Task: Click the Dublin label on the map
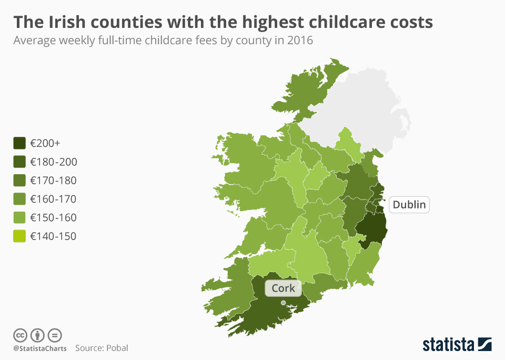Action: pyautogui.click(x=409, y=204)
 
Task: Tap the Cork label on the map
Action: pyautogui.click(x=283, y=288)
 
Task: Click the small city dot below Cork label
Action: pyautogui.click(x=283, y=303)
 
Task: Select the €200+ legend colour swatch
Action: pyautogui.click(x=19, y=143)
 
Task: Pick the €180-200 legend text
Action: pyautogui.click(x=53, y=162)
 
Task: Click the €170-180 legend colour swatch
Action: pyautogui.click(x=19, y=181)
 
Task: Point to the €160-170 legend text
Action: pyautogui.click(x=53, y=199)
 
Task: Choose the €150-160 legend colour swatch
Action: pyautogui.click(x=19, y=217)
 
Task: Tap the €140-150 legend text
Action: pyautogui.click(x=53, y=236)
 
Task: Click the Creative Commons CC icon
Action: pyautogui.click(x=20, y=335)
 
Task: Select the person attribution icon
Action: pyautogui.click(x=37, y=335)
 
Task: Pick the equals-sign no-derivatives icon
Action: pyautogui.click(x=55, y=335)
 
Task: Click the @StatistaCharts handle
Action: pyautogui.click(x=40, y=348)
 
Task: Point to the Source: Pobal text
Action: pyautogui.click(x=102, y=348)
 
